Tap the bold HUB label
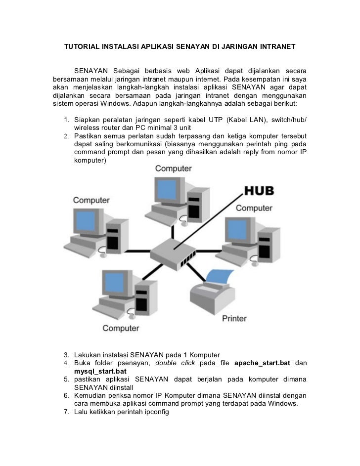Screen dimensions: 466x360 click(x=259, y=190)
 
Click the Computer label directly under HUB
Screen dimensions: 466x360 click(x=254, y=208)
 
